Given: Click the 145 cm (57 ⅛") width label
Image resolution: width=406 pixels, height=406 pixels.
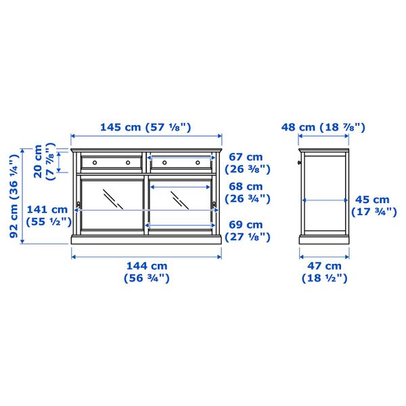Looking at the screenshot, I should [146, 127].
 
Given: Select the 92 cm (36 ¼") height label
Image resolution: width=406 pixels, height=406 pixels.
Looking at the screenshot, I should [12, 196].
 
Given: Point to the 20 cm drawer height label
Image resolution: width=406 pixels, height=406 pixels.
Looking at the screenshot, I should [44, 160].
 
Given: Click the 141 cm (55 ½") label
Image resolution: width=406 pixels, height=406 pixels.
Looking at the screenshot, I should [47, 215].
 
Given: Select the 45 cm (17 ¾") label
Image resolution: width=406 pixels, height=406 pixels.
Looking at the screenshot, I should [371, 205].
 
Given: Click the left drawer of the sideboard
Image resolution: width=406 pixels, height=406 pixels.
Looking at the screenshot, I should [110, 162].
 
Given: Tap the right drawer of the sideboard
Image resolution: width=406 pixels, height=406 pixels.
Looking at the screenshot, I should [181, 162].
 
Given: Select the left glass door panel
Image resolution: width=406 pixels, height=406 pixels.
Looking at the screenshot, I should [110, 203].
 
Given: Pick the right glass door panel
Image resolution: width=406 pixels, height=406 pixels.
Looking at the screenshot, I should [181, 203].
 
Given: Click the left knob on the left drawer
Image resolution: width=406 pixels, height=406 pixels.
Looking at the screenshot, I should [94, 162].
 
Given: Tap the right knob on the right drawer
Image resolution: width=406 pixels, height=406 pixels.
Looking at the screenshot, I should [198, 162].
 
